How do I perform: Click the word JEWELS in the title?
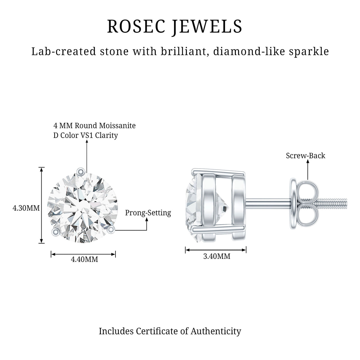(207, 27)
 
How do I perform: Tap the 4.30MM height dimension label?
(26, 208)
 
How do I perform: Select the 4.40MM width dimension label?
(84, 259)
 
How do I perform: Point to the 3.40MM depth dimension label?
(217, 256)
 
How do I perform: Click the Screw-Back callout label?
(306, 156)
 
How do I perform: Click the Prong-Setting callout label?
(148, 213)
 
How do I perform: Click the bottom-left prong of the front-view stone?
(56, 232)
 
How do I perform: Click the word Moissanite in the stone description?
(117, 125)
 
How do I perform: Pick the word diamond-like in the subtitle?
(250, 51)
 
